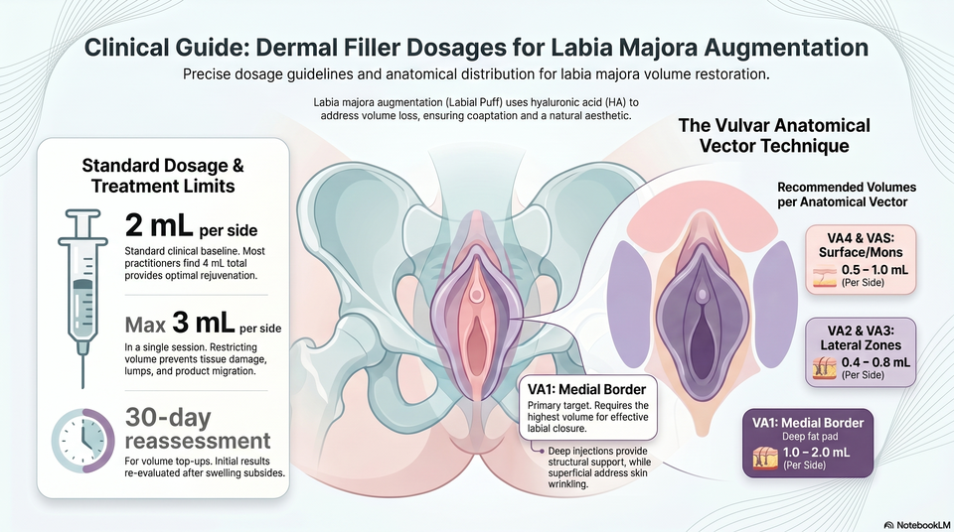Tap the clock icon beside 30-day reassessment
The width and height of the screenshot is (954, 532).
pos(82,441)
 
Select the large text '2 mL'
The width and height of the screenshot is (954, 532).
pos(159,225)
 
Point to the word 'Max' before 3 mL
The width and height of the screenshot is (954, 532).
pos(145,326)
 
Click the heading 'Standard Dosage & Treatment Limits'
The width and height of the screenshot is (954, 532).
pos(163,175)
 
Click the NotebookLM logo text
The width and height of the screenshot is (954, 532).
pos(916,524)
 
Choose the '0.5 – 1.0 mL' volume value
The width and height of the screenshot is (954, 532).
pos(874,269)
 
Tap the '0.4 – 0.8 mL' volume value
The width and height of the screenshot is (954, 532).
pos(876,362)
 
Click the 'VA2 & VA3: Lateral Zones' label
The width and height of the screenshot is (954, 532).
pos(861,338)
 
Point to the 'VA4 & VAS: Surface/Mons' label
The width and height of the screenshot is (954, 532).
pos(861,245)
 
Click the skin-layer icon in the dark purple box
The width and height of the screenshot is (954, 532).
pos(765,458)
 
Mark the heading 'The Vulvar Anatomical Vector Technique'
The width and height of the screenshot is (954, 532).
pos(774,136)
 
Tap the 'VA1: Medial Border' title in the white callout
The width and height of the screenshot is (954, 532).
pos(586,390)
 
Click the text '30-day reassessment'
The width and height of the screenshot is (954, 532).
pos(198,429)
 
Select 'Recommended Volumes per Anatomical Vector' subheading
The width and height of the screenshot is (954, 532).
pos(847,195)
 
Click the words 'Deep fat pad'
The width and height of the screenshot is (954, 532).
pos(810,437)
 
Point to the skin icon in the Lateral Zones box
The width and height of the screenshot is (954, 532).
pos(825,368)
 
